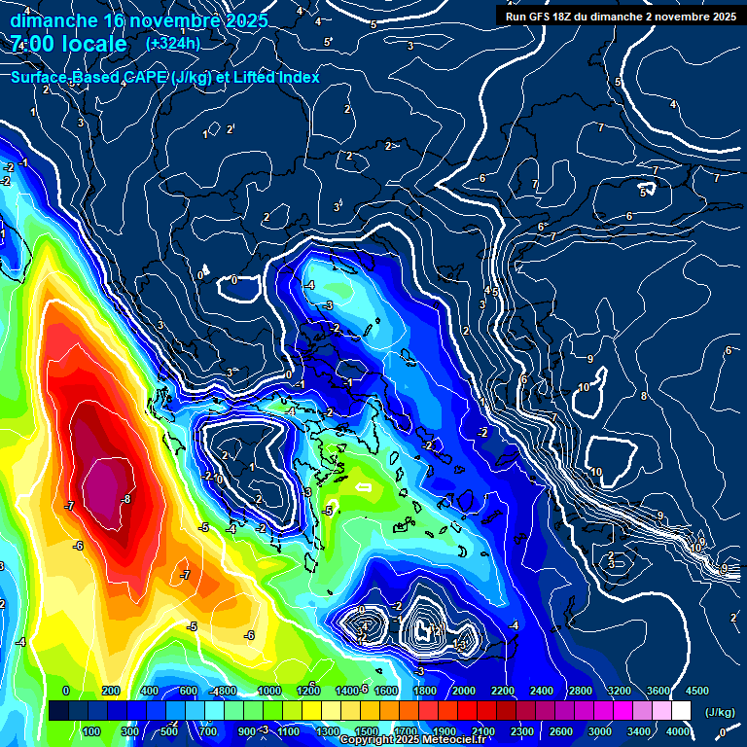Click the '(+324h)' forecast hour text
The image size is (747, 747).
[173, 43]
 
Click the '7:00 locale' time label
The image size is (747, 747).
[69, 44]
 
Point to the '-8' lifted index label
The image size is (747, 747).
[124, 499]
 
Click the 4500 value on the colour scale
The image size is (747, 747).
[696, 690]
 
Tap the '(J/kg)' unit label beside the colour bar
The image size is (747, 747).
[720, 712]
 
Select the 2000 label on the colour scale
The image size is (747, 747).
[464, 690]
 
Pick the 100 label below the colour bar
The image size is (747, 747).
[93, 731]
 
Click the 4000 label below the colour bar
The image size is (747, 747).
[678, 731]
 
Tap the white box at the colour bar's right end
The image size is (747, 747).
[681, 710]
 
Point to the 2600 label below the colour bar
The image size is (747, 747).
[561, 731]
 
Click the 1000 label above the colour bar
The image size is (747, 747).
[269, 690]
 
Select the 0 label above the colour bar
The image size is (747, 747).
[66, 690]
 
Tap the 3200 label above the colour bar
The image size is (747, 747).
[620, 690]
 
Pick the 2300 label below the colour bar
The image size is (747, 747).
[522, 731]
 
